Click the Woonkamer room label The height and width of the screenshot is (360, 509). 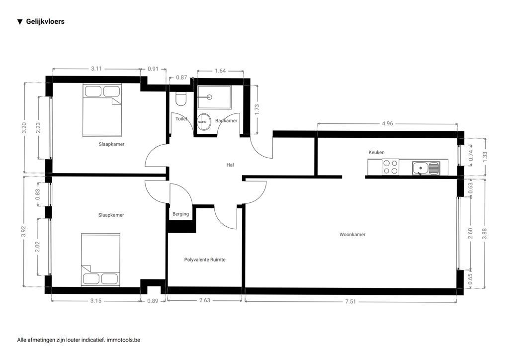click(x=352, y=234)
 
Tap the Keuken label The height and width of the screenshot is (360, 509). click(x=376, y=152)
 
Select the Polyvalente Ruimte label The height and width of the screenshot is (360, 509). click(x=205, y=260)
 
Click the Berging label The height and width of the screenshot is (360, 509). click(x=180, y=214)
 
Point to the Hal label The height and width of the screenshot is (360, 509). click(x=230, y=165)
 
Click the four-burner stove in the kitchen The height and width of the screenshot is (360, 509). click(x=390, y=167)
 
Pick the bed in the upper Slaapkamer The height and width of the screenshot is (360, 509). click(x=102, y=110)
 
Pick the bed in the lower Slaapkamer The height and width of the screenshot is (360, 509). click(x=100, y=259)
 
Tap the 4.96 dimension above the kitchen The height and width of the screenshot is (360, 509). click(x=387, y=124)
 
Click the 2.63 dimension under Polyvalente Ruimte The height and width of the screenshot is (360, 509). click(x=205, y=300)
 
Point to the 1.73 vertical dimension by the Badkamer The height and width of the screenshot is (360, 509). click(x=257, y=109)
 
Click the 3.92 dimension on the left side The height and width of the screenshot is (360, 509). click(x=24, y=232)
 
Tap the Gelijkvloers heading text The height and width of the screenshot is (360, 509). click(x=45, y=22)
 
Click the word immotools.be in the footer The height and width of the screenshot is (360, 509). click(x=123, y=340)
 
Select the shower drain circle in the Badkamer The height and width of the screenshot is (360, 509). click(x=209, y=97)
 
